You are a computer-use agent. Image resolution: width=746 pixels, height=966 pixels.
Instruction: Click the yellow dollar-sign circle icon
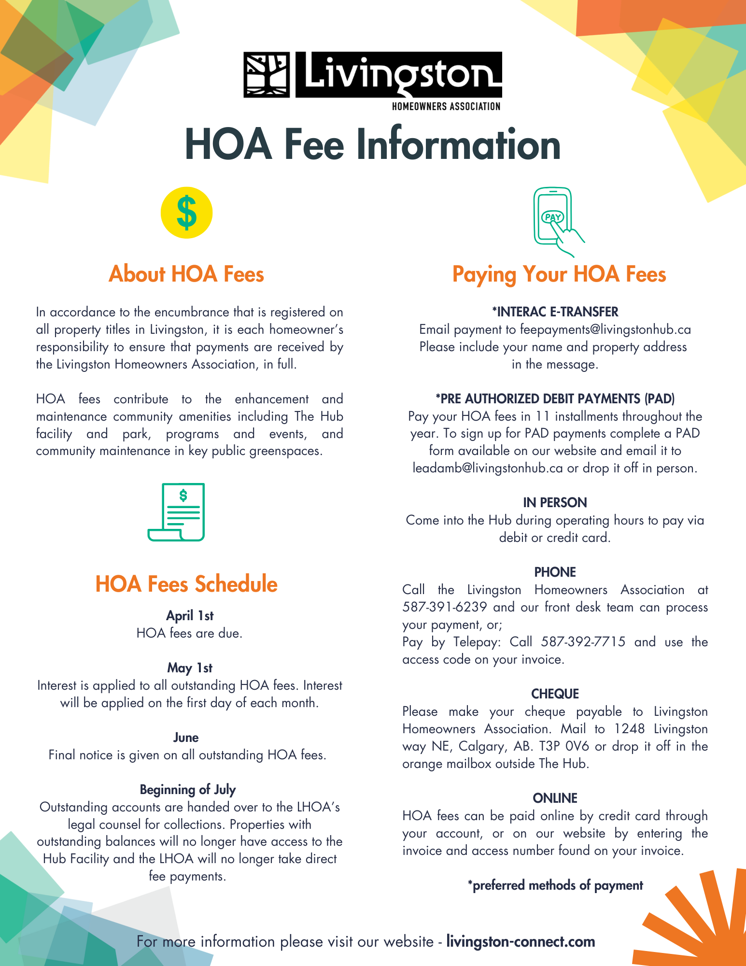(186, 213)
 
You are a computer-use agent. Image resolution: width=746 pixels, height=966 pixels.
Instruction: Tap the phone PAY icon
(555, 220)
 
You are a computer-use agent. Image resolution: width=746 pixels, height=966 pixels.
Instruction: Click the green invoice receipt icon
(177, 512)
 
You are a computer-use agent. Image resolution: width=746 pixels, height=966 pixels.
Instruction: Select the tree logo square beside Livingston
(267, 75)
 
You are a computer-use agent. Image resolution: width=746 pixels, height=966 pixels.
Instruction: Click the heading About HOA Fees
(186, 274)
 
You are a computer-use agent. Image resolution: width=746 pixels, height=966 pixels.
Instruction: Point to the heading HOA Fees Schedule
(186, 584)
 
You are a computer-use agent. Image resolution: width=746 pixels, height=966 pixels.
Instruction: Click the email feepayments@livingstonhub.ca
(605, 330)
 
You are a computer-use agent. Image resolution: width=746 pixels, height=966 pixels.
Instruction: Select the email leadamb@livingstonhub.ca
(488, 469)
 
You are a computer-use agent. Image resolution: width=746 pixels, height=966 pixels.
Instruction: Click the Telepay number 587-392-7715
(583, 642)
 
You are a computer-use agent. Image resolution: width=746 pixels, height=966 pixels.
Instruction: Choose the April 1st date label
(190, 616)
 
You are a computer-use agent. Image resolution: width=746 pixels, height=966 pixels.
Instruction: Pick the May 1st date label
(190, 668)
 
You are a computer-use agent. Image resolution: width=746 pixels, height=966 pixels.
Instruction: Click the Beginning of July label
(188, 790)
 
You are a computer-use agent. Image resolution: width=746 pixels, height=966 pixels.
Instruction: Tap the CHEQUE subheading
(555, 694)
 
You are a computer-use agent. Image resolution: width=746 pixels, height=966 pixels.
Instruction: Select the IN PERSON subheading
(555, 503)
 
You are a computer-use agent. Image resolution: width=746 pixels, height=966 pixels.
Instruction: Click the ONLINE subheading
(555, 798)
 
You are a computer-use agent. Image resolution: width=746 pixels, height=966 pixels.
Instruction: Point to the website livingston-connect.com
(521, 942)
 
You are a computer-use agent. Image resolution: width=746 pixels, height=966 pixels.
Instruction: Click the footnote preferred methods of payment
(555, 885)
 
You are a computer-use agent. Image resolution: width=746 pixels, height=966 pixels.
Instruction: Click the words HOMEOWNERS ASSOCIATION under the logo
(446, 106)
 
